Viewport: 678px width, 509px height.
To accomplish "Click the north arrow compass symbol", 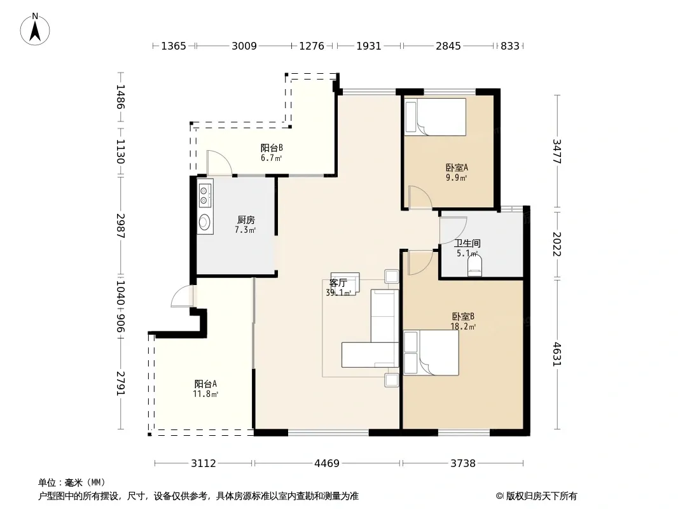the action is tap(35, 29).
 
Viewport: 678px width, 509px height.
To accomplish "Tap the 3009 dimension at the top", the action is tap(244, 46).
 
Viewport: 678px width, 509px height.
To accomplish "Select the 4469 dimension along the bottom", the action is tap(327, 464).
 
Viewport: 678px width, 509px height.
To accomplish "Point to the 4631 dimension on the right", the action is tap(557, 354).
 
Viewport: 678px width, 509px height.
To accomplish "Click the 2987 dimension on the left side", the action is tap(121, 226).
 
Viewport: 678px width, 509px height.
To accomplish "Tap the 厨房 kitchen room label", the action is tap(246, 220).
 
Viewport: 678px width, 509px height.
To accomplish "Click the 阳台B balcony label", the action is tap(272, 148).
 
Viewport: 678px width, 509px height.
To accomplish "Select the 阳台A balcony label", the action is tap(205, 384).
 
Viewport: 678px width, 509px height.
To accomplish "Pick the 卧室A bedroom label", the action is tap(457, 167).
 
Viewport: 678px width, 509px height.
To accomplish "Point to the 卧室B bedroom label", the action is tap(463, 317).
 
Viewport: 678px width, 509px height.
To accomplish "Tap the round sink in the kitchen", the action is tap(205, 222).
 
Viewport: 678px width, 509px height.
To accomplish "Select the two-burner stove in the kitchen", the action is tap(205, 195).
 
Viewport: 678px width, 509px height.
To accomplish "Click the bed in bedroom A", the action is tap(435, 117).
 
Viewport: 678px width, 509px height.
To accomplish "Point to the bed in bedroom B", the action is tap(431, 353).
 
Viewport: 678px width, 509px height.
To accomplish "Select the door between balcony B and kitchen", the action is tap(219, 163).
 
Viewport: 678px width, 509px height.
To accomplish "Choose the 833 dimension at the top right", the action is tap(510, 46).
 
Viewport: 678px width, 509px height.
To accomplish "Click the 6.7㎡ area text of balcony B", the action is tap(271, 158).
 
